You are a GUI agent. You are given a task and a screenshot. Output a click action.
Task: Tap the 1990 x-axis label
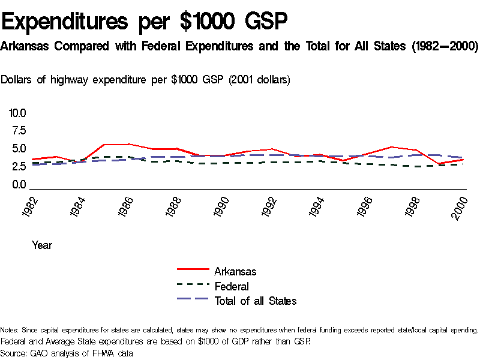[222, 207]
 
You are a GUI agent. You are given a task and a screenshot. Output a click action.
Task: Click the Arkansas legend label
[235, 272]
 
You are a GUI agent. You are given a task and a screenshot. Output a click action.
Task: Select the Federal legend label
[232, 286]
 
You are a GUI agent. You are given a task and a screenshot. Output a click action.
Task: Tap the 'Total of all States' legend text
[255, 301]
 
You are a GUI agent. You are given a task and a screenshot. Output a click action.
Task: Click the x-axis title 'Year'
[42, 245]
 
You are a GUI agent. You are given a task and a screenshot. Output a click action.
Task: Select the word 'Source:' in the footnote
[13, 353]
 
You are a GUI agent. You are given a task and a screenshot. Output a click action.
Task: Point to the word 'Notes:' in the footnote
[10, 330]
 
